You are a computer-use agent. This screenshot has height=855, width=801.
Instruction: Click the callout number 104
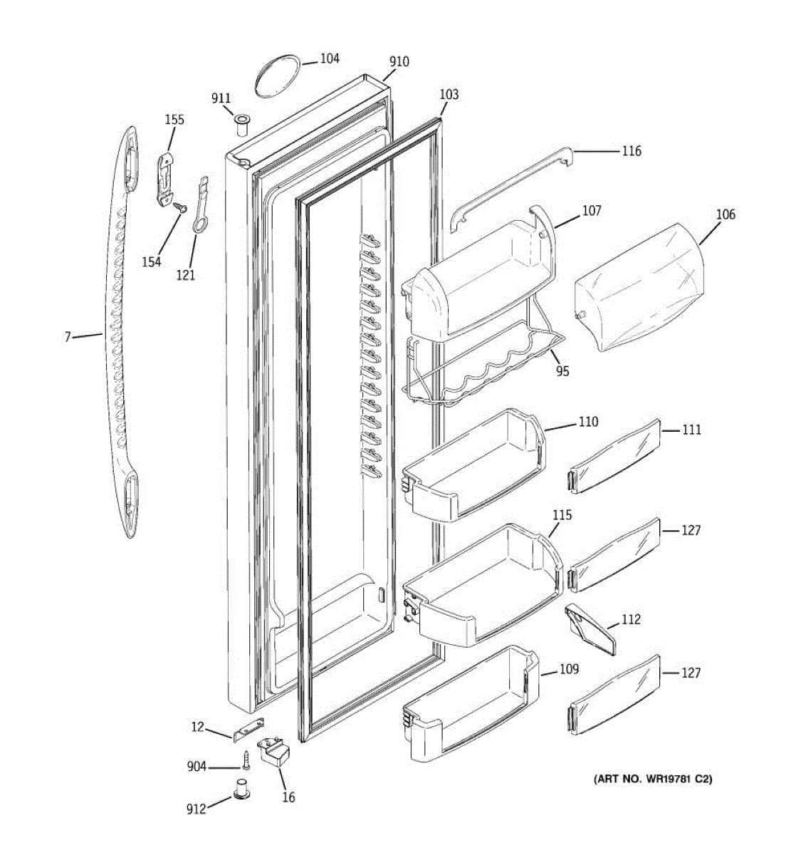[329, 58]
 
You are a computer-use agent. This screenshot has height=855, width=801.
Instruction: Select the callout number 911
[221, 98]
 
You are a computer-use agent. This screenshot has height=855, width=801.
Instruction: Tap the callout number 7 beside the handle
[68, 336]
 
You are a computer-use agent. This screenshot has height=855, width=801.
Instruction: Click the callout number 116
[631, 151]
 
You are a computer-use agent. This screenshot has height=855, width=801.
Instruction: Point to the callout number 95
[562, 371]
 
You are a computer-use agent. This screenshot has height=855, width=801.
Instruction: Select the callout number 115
[562, 514]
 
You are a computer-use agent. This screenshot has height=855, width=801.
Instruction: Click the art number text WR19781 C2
[653, 779]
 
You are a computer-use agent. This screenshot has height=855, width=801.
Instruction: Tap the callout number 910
[399, 62]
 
